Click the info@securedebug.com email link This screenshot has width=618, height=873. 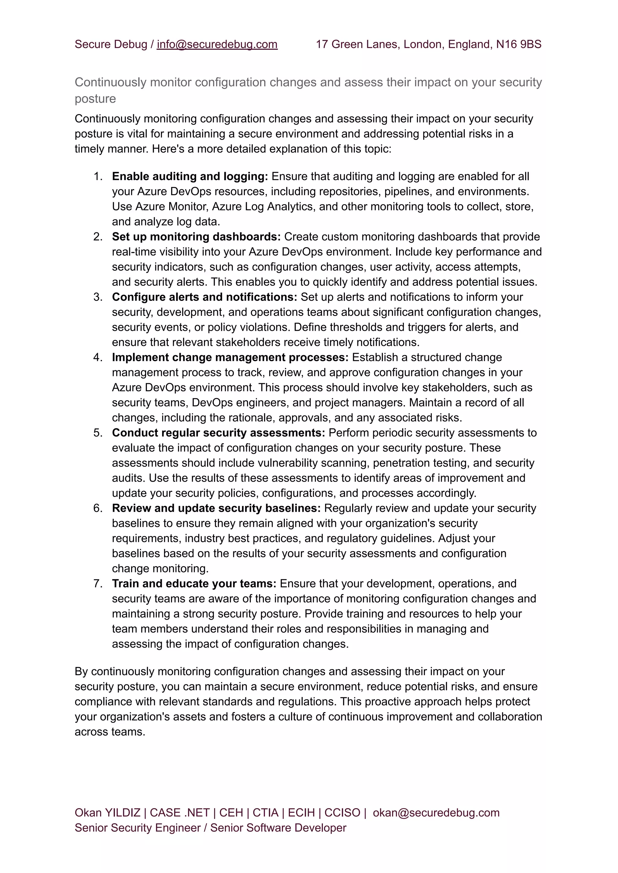[217, 45]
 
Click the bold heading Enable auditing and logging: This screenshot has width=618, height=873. [190, 177]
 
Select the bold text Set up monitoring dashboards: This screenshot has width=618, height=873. [196, 237]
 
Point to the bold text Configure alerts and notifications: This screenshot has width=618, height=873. [204, 297]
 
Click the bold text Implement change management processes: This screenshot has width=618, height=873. [230, 357]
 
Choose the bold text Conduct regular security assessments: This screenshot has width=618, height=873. [218, 433]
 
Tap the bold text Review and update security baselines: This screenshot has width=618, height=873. [216, 508]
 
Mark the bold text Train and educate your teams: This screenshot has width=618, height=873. [194, 584]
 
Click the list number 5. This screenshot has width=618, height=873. [98, 433]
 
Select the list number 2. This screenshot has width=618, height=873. [98, 237]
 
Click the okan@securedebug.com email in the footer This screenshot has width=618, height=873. [436, 813]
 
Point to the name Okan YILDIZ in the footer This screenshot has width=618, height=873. [107, 813]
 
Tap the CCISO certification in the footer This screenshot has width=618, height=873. [342, 813]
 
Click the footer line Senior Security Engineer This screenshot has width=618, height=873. [137, 828]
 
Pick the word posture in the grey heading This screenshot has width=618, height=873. [95, 99]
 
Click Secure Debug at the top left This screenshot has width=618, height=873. [111, 45]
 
